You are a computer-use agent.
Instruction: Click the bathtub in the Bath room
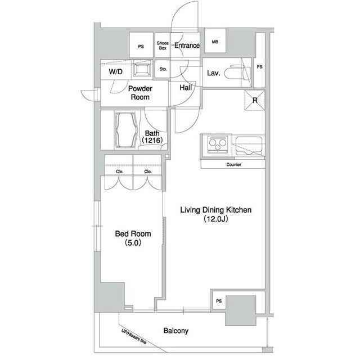tap(128, 130)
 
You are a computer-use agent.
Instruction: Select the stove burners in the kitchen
tap(218, 145)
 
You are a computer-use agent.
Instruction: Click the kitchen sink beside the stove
tap(249, 145)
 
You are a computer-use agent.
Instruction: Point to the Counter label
tap(234, 165)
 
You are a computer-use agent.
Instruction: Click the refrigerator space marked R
tap(255, 100)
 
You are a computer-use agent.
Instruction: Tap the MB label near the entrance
tap(215, 42)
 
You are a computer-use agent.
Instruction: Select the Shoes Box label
tap(163, 46)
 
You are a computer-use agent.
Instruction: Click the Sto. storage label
tap(163, 69)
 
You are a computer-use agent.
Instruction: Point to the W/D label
tap(116, 71)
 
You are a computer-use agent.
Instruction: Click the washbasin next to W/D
tap(143, 69)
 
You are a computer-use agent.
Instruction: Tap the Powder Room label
tap(140, 93)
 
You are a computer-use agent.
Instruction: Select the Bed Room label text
tap(133, 234)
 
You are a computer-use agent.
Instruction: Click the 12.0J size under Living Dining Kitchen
tap(216, 219)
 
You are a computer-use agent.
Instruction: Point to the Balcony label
tap(176, 331)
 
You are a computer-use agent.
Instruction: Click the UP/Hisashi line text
tap(134, 336)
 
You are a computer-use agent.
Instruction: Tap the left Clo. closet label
tap(120, 172)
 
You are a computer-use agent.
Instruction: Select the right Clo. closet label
tap(148, 172)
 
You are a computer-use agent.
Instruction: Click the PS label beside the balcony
tap(219, 301)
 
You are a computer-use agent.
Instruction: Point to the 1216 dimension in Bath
tap(152, 140)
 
